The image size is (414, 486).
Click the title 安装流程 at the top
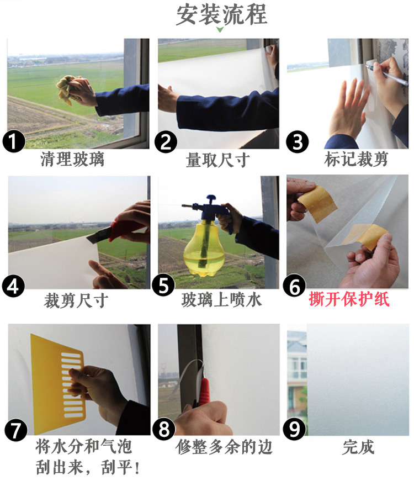(x=221, y=14)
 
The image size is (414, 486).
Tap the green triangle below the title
(x=220, y=29)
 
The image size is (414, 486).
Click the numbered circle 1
(x=14, y=141)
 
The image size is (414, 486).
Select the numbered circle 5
(x=163, y=286)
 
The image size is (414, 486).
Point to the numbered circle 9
(x=294, y=429)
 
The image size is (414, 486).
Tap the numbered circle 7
(x=16, y=430)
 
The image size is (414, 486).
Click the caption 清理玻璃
(x=72, y=159)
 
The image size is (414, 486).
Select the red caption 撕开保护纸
(x=349, y=299)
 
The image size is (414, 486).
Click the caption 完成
(x=358, y=447)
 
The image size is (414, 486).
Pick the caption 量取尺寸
(x=218, y=160)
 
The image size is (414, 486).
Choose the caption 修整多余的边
(x=224, y=447)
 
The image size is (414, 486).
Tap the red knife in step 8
(x=204, y=391)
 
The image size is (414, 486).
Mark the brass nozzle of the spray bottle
(x=187, y=205)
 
